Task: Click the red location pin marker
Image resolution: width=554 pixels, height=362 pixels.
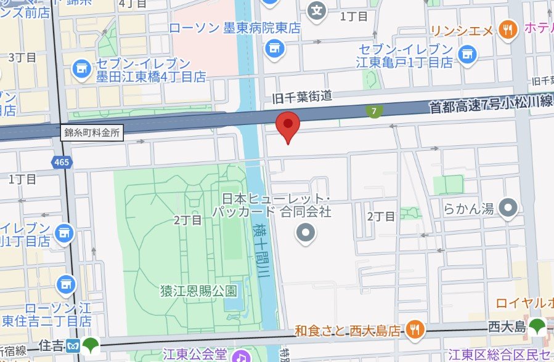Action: (x=287, y=126)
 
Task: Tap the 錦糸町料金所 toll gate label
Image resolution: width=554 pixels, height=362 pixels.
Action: (x=92, y=132)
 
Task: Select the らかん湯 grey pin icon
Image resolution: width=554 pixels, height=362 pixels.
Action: (x=508, y=208)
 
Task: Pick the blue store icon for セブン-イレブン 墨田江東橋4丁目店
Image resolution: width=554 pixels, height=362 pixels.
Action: (x=81, y=70)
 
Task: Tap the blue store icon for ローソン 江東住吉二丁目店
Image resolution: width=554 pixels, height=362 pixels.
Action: (x=65, y=285)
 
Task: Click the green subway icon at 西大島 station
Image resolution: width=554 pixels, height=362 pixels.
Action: (x=537, y=326)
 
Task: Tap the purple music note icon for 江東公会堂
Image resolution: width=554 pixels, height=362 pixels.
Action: (x=240, y=355)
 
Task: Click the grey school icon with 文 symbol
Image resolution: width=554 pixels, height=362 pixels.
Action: (x=317, y=10)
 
